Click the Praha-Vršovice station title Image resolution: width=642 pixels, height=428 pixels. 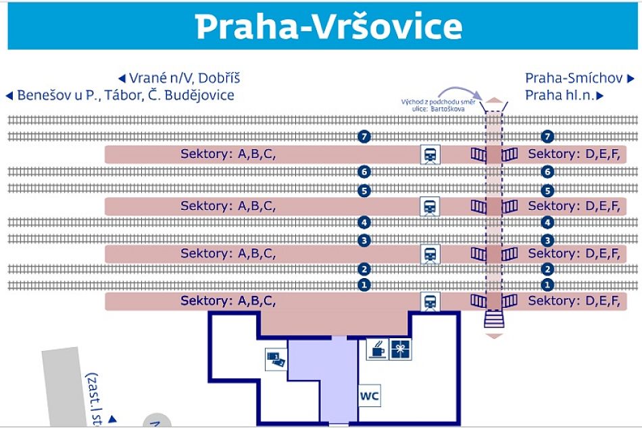(x=328, y=27)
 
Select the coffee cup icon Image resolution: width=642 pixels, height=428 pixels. (x=376, y=350)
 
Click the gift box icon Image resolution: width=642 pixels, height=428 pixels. (x=401, y=350)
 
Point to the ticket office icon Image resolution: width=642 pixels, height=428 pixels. (x=276, y=359)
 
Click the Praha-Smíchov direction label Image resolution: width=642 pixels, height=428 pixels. (x=574, y=78)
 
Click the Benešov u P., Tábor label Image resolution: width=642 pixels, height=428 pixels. (x=125, y=95)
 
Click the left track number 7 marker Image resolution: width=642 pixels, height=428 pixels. (x=365, y=137)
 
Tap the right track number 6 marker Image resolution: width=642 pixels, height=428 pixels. (x=548, y=171)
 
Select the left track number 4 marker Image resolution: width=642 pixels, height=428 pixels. (x=365, y=222)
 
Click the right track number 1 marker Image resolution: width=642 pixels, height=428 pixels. (x=548, y=285)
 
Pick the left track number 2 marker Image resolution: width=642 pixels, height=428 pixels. (x=365, y=269)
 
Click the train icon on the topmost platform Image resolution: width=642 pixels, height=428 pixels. (x=430, y=155)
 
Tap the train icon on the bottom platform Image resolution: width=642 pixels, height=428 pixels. (x=430, y=301)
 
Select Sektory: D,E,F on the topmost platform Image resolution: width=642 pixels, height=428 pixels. (x=574, y=155)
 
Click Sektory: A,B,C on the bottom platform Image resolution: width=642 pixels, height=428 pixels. (x=228, y=301)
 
